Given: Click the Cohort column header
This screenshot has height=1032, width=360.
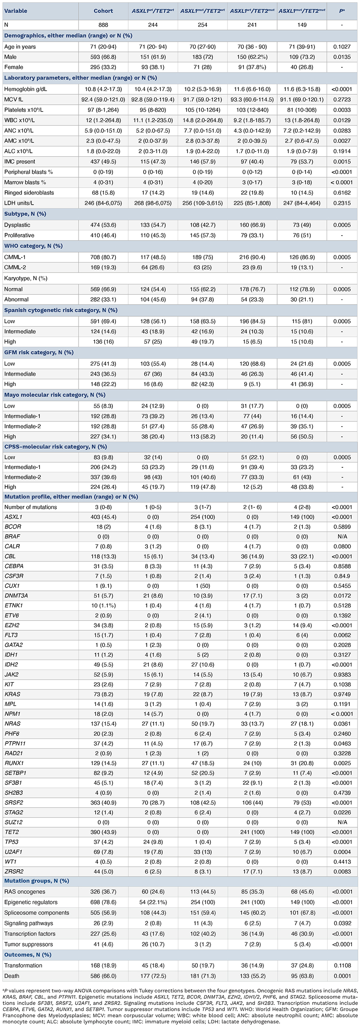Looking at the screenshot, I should (x=103, y=11).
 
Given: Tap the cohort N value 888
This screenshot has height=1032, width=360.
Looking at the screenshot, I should (x=103, y=25).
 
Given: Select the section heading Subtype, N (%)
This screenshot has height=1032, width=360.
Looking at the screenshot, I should (x=25, y=214).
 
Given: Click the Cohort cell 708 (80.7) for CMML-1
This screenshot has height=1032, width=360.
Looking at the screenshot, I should (x=103, y=257).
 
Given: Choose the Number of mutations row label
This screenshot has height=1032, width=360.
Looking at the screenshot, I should (x=30, y=507).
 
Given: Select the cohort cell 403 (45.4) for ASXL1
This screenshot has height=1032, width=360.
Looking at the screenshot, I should (x=103, y=517).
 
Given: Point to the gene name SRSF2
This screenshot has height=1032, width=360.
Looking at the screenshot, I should (x=13, y=802).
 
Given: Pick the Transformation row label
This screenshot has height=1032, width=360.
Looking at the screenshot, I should (x=23, y=965).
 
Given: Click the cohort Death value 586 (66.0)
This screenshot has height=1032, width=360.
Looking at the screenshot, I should (x=103, y=975).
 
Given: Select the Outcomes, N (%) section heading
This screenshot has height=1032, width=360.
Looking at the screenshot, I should (x=27, y=955).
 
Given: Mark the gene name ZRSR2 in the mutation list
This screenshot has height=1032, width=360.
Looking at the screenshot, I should (x=13, y=872).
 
